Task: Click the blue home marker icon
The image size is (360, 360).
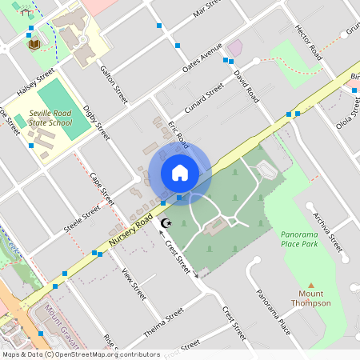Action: click(x=179, y=172)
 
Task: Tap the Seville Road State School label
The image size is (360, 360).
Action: click(x=50, y=118)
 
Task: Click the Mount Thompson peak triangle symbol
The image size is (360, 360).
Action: click(x=311, y=286)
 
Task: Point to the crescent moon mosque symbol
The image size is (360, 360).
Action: click(x=166, y=223)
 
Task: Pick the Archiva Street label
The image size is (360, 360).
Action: click(x=327, y=232)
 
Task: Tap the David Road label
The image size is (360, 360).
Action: click(x=246, y=85)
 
